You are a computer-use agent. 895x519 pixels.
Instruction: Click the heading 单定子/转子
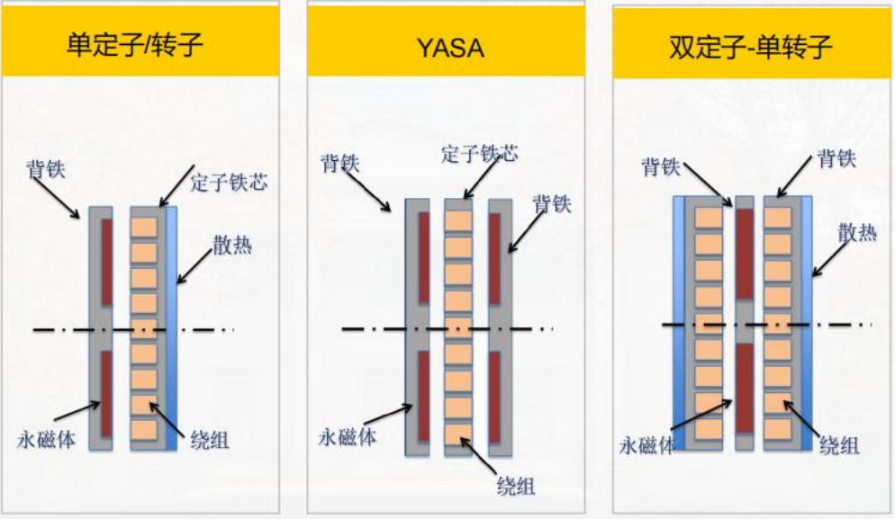point(135,44)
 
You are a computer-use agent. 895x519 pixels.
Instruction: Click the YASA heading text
point(450,48)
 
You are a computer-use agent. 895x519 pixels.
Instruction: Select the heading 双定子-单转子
point(750,47)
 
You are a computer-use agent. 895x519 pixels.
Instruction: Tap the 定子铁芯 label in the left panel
point(229,183)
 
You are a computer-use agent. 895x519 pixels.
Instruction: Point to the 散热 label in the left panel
point(232,246)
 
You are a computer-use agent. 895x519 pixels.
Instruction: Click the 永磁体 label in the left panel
point(46,439)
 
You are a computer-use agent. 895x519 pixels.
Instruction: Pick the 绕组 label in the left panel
point(210,440)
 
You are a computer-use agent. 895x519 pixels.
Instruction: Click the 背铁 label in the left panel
point(46,169)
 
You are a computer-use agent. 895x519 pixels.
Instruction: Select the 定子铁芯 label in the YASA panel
point(479,154)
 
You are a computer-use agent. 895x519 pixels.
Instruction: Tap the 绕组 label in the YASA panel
point(516,486)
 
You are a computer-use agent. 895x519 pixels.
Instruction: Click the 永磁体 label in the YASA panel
point(348,437)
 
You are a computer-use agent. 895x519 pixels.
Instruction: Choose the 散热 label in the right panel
point(857,232)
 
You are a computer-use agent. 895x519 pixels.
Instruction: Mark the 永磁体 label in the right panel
point(647,445)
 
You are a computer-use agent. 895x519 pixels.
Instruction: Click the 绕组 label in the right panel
point(839,445)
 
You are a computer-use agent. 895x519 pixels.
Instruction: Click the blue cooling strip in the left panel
point(171,328)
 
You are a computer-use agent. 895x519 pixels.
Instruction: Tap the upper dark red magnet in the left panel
point(107,262)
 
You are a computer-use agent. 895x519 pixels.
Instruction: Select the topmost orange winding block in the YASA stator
point(458,220)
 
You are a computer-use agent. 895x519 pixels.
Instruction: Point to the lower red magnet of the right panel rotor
point(744,388)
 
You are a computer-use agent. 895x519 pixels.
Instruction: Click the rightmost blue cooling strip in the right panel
point(807,324)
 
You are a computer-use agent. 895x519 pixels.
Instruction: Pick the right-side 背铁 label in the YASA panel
point(552,204)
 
